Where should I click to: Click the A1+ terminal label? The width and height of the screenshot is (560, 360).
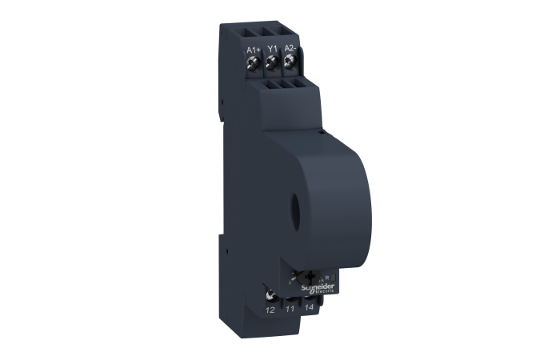(254, 50)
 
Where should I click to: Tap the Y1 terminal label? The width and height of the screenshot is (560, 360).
(272, 50)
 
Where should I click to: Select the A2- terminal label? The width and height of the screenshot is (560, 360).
(290, 50)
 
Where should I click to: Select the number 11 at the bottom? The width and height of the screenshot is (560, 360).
(290, 307)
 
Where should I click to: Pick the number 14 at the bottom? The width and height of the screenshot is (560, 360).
(309, 307)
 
